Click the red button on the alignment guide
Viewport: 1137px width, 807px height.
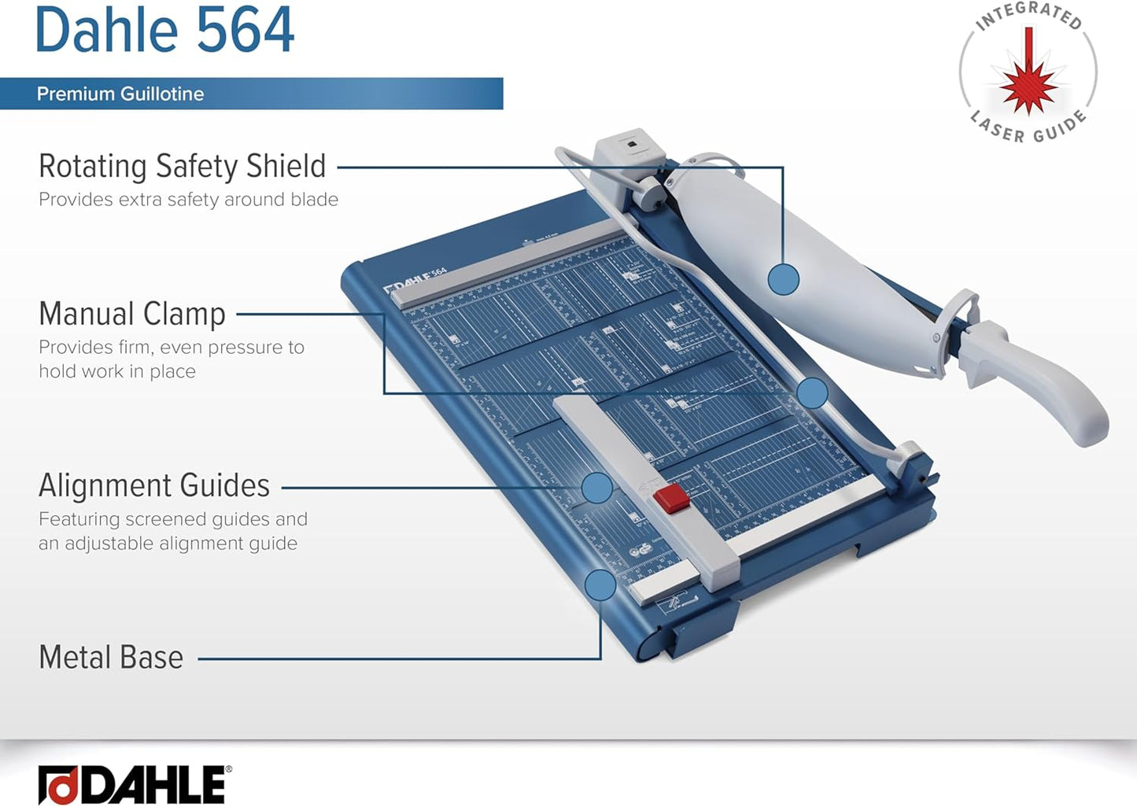[x=671, y=499]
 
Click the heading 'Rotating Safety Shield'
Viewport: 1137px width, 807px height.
[x=182, y=166]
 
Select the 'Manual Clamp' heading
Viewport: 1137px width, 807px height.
[x=132, y=314]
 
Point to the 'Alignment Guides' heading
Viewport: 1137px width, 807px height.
[x=154, y=485]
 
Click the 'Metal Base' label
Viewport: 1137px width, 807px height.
[x=111, y=657]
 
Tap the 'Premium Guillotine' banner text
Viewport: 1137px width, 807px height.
[x=120, y=94]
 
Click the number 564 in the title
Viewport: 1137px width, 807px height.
[x=245, y=30]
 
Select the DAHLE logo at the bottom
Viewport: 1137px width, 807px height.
[x=134, y=784]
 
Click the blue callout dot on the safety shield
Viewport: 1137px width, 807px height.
[x=783, y=278]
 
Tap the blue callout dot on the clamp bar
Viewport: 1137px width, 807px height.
[x=811, y=392]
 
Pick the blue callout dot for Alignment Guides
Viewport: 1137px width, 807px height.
[x=597, y=488]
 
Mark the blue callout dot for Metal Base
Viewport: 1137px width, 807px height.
[x=600, y=585]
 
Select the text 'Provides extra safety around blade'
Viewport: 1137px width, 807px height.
[x=188, y=200]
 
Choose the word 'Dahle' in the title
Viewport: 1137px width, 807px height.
[x=106, y=30]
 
